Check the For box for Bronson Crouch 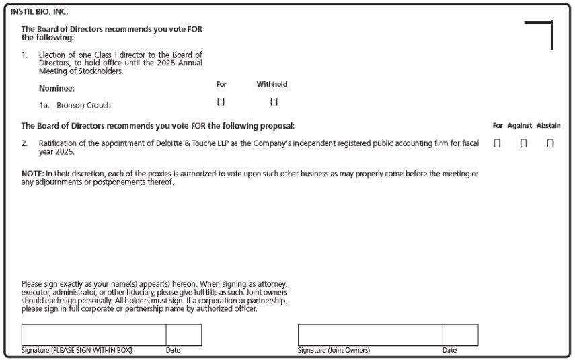221,102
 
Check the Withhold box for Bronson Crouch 274,102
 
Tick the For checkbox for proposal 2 497,143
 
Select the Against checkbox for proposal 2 523,143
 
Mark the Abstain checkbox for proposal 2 550,143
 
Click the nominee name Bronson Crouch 83,105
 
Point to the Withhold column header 272,84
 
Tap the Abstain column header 549,126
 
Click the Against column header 519,126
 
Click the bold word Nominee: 57,87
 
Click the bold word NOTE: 32,174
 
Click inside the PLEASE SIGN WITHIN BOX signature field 93,335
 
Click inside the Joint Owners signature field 370,335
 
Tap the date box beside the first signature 184,335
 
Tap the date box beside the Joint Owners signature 460,335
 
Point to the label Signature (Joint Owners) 334,350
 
